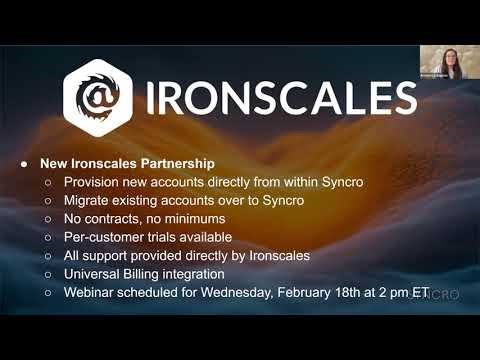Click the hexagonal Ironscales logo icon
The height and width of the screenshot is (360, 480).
98,98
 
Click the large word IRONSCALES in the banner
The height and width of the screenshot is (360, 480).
280,99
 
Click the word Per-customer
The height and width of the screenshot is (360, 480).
111,237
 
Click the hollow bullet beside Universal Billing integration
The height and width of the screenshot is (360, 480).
47,273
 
